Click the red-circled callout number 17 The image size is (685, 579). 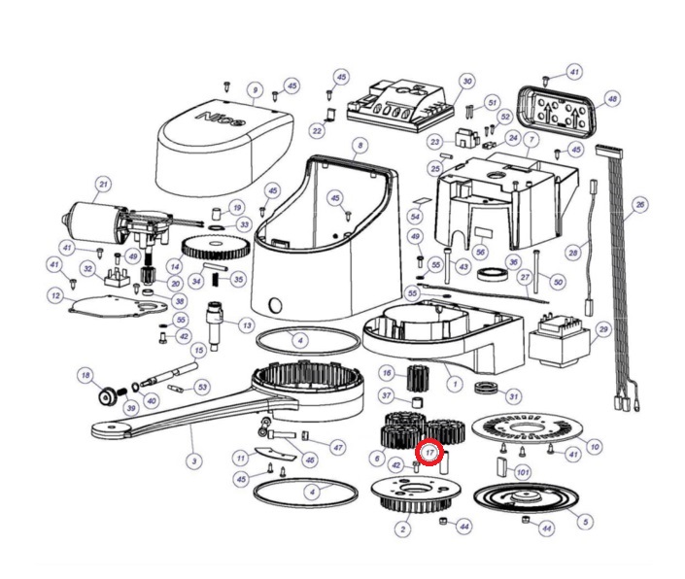(x=429, y=452)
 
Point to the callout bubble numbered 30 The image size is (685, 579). (x=466, y=82)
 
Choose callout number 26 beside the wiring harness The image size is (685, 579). (x=638, y=205)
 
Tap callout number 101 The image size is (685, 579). (x=523, y=472)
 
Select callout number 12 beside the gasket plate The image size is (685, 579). (x=55, y=294)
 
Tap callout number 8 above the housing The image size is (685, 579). (x=360, y=147)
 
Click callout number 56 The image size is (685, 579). (x=480, y=251)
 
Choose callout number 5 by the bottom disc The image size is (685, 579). (x=584, y=522)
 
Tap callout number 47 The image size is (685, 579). (x=337, y=447)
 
